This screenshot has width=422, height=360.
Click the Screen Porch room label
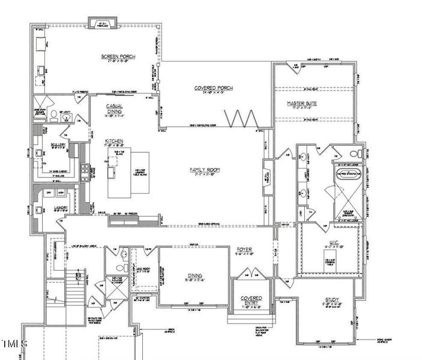point(118,57)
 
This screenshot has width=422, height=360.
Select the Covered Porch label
point(213,88)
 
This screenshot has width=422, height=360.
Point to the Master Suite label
point(302,103)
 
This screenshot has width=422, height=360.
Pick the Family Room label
point(205,170)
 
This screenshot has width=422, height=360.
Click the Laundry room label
point(60,208)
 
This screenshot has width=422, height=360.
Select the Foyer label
point(244,249)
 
